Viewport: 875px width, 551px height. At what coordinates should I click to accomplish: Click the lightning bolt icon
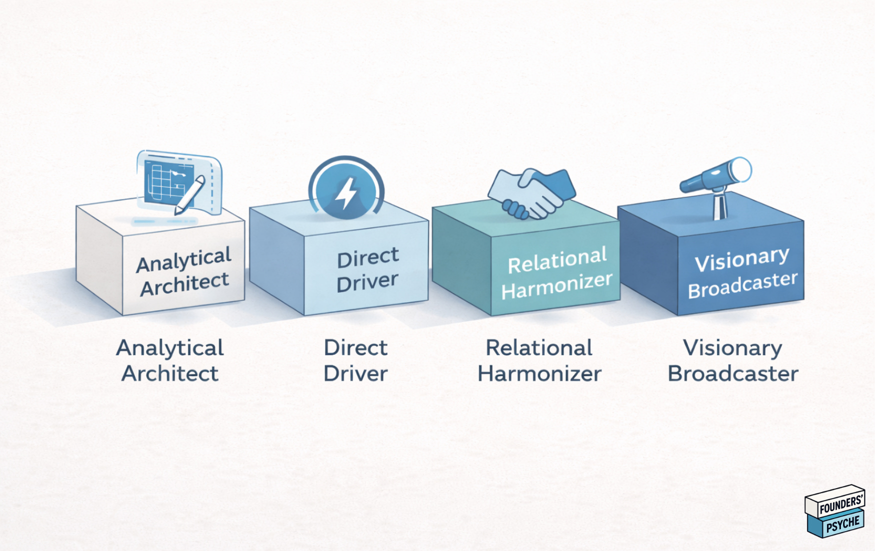pos(346,192)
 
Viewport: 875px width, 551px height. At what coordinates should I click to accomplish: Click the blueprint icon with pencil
pos(178,182)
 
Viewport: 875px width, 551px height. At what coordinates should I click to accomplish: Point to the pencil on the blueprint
pos(190,195)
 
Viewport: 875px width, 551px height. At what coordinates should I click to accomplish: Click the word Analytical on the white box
pos(183,259)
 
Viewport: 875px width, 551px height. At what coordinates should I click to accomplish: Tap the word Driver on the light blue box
pos(367,281)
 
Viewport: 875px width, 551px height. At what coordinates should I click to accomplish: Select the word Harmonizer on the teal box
pos(556,286)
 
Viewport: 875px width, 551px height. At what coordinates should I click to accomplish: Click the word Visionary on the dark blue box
pos(741,259)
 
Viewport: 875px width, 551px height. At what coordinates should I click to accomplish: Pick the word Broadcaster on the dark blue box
pos(742,285)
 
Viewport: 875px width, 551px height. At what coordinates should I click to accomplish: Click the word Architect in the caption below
pos(170,373)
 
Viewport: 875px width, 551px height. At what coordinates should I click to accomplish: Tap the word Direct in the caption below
pos(355,347)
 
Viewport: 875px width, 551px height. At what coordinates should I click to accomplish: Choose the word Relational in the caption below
pos(539,347)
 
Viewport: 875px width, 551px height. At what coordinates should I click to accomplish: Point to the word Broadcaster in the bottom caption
pos(732,373)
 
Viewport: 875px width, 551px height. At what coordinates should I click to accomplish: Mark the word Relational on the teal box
pos(557,260)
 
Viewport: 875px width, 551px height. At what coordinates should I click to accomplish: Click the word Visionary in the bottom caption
pos(732,347)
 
